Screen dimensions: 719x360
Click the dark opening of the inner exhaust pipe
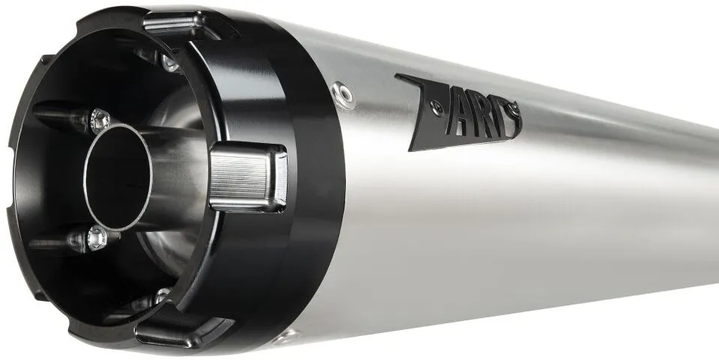pyautogui.click(x=118, y=177)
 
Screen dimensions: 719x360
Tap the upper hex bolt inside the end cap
pyautogui.click(x=100, y=121)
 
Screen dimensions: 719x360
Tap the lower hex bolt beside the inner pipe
pyautogui.click(x=97, y=238)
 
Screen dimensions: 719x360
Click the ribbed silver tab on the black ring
pyautogui.click(x=248, y=177)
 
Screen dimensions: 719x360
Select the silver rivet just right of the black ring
pyautogui.click(x=344, y=94)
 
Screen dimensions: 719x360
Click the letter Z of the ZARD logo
pyautogui.click(x=424, y=112)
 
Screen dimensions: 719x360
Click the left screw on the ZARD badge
pyautogui.click(x=438, y=108)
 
